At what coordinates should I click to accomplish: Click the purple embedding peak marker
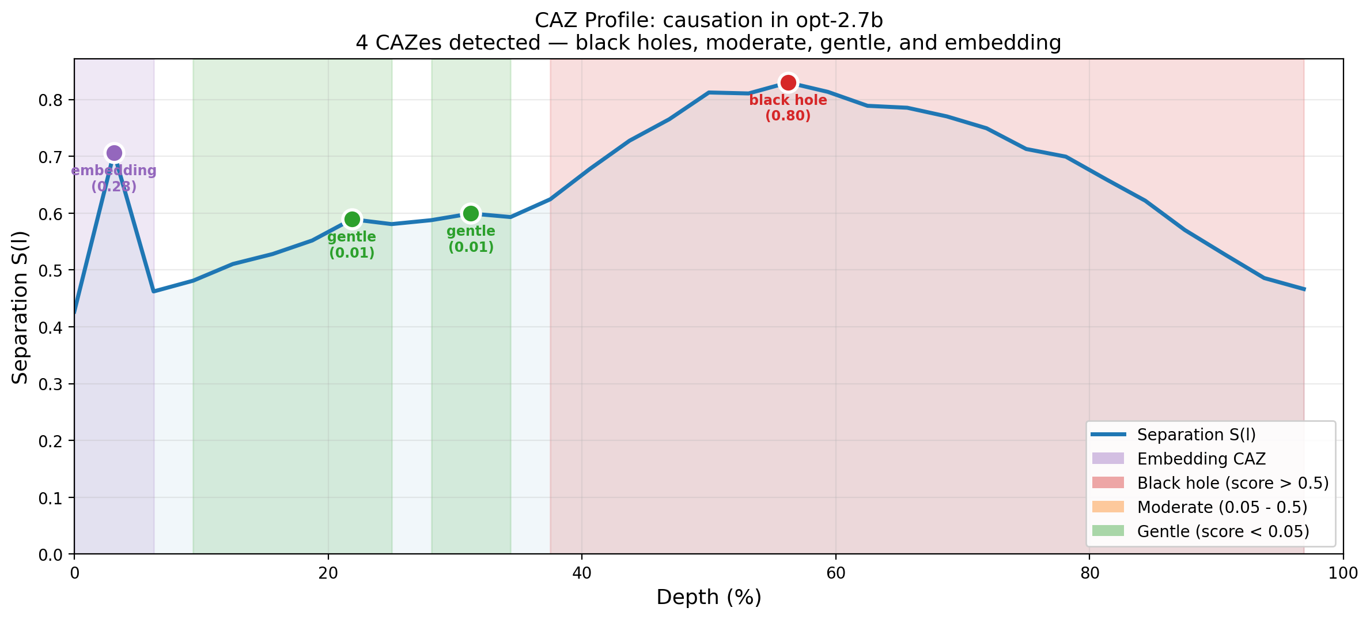tap(114, 153)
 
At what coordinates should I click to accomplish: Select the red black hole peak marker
tap(788, 83)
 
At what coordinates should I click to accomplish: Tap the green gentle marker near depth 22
tap(351, 219)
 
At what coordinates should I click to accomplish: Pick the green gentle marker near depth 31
tap(471, 213)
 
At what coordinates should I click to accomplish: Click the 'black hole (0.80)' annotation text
tap(788, 108)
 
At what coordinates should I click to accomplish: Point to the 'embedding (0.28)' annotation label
tap(114, 179)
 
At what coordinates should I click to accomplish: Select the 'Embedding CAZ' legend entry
tap(1201, 459)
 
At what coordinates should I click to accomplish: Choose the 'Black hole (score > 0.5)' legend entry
tap(1232, 483)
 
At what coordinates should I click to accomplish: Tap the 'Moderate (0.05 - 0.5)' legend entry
tap(1221, 507)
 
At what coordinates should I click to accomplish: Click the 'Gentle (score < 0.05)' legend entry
tap(1223, 531)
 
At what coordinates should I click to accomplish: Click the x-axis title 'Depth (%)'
tap(709, 598)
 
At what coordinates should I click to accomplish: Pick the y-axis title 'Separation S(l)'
tap(21, 307)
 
